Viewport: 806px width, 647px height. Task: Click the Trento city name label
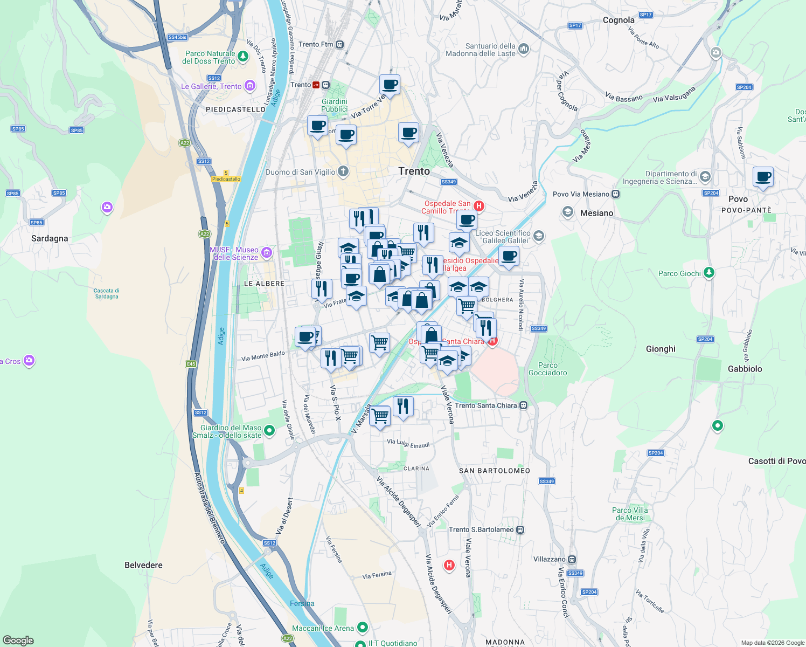pyautogui.click(x=414, y=171)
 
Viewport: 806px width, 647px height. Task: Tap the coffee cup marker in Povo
pyautogui.click(x=763, y=177)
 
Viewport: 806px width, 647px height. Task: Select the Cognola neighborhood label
pyautogui.click(x=619, y=20)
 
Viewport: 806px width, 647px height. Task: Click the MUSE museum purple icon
pyautogui.click(x=266, y=252)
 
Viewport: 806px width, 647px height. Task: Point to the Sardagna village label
pyautogui.click(x=50, y=238)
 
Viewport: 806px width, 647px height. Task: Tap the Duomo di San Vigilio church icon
pyautogui.click(x=343, y=172)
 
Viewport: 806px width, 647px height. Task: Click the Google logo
pyautogui.click(x=18, y=641)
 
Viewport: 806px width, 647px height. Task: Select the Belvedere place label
pyautogui.click(x=143, y=565)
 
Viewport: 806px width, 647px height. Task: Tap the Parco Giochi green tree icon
pyautogui.click(x=709, y=273)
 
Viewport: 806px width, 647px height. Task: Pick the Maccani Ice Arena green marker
pyautogui.click(x=363, y=627)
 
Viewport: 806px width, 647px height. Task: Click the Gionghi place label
pyautogui.click(x=661, y=349)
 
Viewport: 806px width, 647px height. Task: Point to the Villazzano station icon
pyautogui.click(x=572, y=559)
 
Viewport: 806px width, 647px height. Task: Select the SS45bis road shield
pyautogui.click(x=177, y=37)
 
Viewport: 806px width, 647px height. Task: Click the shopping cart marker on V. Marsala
pyautogui.click(x=380, y=416)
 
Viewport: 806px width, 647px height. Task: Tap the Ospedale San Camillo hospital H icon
pyautogui.click(x=478, y=206)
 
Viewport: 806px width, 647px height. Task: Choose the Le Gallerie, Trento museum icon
pyautogui.click(x=249, y=86)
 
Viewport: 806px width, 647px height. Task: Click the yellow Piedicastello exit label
pyautogui.click(x=226, y=179)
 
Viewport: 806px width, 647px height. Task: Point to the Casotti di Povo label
pyautogui.click(x=776, y=461)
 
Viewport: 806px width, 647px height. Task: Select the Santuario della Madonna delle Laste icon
pyautogui.click(x=524, y=50)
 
